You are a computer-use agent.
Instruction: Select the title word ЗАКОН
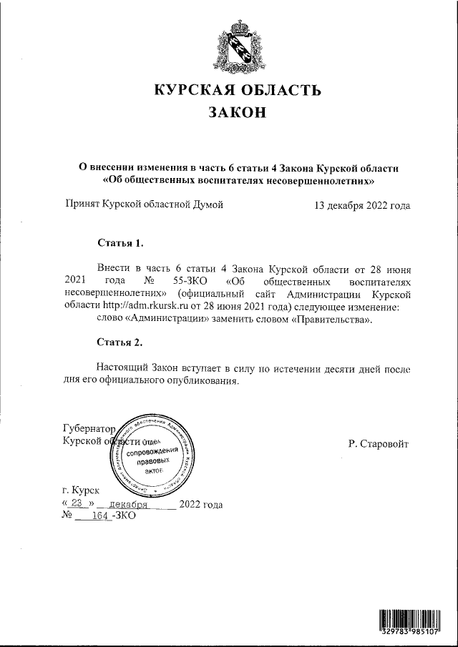click(x=237, y=113)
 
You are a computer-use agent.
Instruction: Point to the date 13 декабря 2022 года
click(x=362, y=206)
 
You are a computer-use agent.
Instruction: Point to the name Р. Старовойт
click(x=379, y=443)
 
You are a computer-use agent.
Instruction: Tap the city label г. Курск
click(x=82, y=491)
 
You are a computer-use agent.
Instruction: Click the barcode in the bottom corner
click(x=409, y=621)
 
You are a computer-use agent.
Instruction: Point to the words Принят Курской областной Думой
click(x=144, y=206)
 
